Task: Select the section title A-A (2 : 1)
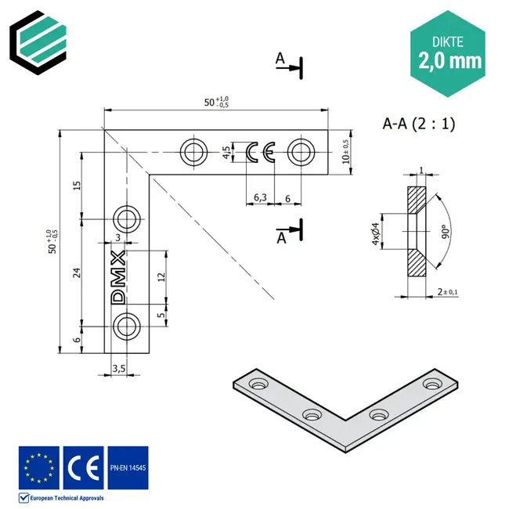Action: [418, 123]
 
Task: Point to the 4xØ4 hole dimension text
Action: [375, 232]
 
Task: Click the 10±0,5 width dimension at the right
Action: [345, 152]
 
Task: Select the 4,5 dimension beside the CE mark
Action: [227, 152]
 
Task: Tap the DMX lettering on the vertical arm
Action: [119, 277]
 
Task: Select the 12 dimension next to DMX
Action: [161, 276]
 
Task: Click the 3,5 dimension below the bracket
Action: [119, 367]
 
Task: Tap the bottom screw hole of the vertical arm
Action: [127, 326]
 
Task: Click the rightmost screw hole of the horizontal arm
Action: [300, 151]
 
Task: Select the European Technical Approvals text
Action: [66, 497]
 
